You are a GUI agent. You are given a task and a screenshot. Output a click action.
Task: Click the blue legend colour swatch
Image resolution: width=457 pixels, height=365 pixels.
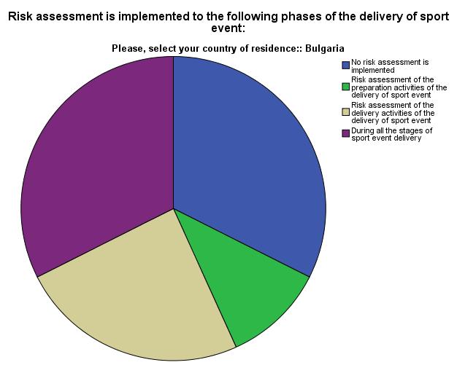click(345, 66)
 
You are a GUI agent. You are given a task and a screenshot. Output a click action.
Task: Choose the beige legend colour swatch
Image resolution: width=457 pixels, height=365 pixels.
click(345, 112)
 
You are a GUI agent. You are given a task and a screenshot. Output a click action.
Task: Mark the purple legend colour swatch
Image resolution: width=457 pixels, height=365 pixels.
click(345, 133)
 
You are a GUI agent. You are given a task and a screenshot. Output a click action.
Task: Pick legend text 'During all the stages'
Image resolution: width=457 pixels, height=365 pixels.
click(391, 134)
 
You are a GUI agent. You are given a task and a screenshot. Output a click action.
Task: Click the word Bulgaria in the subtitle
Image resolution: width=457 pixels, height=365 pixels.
click(325, 48)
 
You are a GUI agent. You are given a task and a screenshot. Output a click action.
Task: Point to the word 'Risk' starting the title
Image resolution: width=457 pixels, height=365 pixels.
click(21, 15)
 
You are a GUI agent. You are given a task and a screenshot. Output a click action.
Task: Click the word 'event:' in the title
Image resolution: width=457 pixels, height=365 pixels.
click(228, 28)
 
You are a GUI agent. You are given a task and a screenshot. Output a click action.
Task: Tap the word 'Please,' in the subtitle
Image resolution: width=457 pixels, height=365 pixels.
click(128, 48)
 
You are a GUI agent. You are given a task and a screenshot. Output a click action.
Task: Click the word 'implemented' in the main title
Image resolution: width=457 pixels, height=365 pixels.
click(149, 15)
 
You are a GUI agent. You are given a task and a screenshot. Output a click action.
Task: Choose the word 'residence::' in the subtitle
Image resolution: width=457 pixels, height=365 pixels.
click(280, 48)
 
